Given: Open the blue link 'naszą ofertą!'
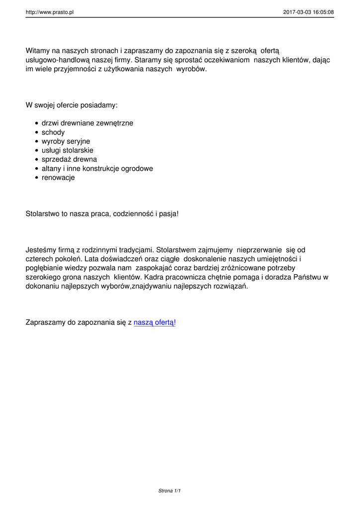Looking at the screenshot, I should [x=154, y=322].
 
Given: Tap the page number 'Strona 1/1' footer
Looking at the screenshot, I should [x=169, y=491].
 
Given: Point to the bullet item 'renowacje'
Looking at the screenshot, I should [x=58, y=178].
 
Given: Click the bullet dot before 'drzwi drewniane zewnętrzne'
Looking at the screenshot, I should [x=37, y=124].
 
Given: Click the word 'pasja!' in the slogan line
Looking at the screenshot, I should [x=167, y=214].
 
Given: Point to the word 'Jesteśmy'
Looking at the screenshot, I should [x=40, y=250].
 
